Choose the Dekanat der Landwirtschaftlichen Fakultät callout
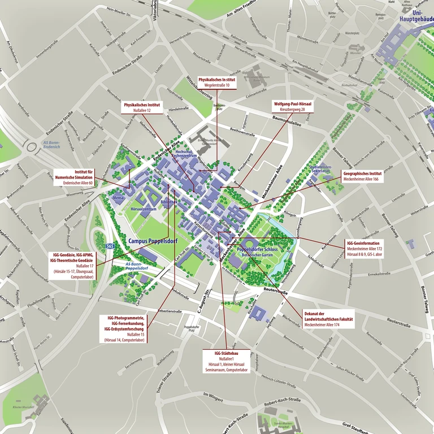(328, 320)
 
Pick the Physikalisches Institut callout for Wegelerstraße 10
(216, 83)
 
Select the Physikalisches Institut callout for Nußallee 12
(142, 107)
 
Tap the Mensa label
(118, 199)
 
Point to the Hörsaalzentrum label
(143, 209)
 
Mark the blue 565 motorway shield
(110, 246)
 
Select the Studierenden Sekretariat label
(320, 171)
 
